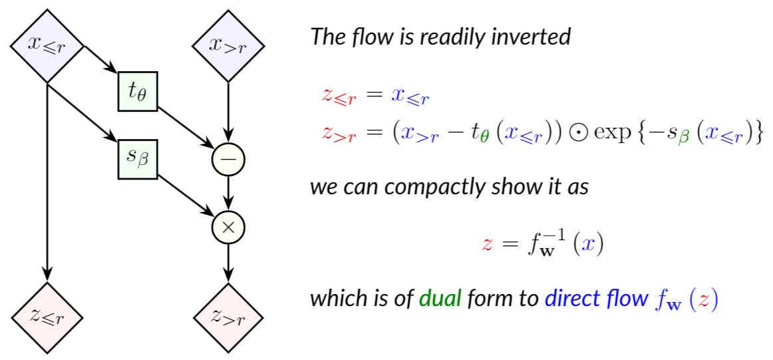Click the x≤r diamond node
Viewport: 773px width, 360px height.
(47, 46)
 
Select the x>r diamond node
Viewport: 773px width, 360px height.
(228, 46)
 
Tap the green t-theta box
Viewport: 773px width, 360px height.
(137, 91)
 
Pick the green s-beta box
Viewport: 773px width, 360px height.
(137, 160)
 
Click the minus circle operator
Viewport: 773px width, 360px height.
(228, 159)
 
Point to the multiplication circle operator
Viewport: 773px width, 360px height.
(228, 228)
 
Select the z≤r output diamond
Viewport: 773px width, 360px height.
(47, 316)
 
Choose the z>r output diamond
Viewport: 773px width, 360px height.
(228, 316)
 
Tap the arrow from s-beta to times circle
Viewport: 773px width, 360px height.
(186, 197)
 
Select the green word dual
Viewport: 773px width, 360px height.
(440, 298)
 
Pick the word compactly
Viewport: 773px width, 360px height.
(424, 186)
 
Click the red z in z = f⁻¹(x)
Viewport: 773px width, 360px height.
(488, 244)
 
